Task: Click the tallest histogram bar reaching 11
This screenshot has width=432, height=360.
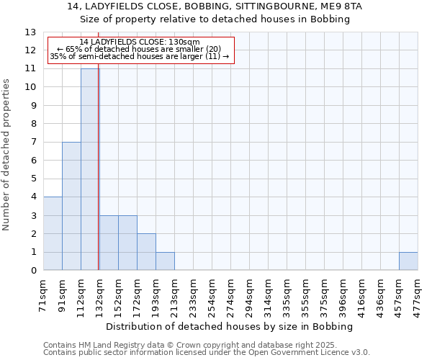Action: (89, 169)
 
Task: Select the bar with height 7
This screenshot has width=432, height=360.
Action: (71, 206)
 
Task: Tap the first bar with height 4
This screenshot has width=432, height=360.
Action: (53, 233)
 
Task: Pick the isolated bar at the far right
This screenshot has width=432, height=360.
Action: (408, 261)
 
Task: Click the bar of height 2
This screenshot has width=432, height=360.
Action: (146, 252)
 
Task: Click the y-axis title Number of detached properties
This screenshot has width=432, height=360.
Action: (7, 155)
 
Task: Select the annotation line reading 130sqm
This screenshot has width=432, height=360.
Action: (140, 42)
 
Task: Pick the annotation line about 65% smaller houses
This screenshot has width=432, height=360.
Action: (140, 49)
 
